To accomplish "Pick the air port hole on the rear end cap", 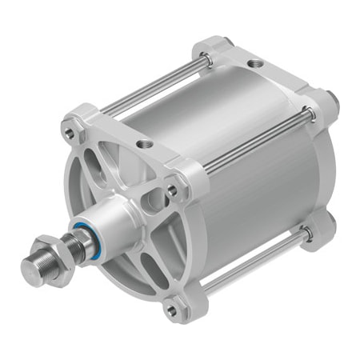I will [254, 62].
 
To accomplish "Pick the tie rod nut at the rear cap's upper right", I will [328, 102].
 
